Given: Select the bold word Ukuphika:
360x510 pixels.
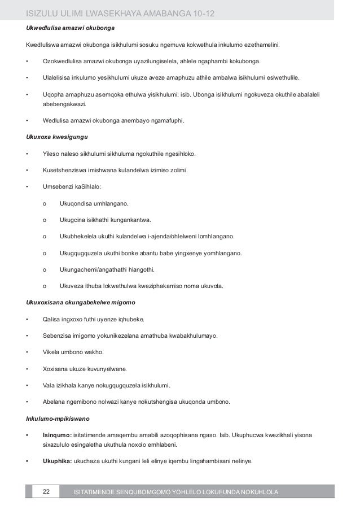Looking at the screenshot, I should tap(57, 461).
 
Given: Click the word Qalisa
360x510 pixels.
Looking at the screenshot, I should tap(52, 320).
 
